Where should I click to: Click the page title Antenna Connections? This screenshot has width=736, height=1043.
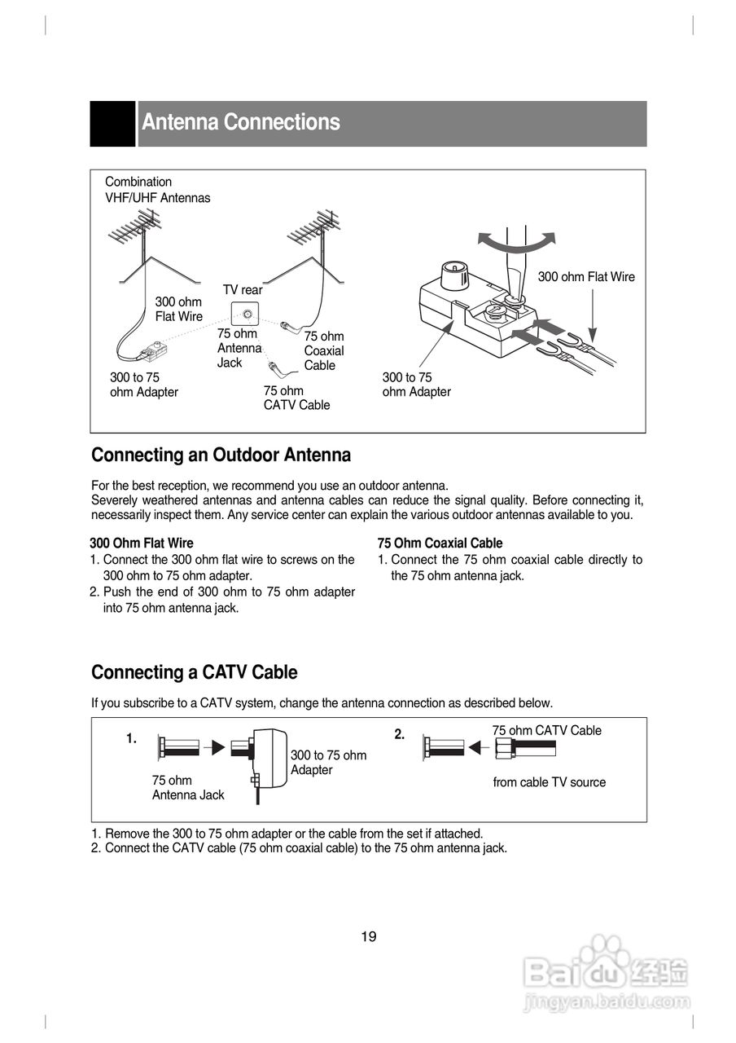241,122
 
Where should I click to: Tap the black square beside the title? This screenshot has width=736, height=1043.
112,124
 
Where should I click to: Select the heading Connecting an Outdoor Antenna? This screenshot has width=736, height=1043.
221,455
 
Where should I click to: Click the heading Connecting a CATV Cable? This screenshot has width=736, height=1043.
194,672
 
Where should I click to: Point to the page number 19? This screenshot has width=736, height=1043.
369,937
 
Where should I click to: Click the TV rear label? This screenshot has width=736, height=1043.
243,290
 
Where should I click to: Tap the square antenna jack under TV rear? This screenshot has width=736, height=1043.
246,314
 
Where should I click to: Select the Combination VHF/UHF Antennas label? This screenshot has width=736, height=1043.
157,190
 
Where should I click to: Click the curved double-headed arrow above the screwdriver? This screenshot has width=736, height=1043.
516,240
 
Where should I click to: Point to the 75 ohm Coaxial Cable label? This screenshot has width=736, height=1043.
324,351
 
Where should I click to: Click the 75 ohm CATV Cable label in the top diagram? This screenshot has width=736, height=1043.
296,398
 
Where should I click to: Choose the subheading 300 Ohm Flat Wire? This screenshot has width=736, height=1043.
142,543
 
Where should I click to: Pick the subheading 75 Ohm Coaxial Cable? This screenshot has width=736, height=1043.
440,543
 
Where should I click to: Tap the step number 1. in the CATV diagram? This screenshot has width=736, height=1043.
131,738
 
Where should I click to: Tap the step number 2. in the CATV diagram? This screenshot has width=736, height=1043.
400,734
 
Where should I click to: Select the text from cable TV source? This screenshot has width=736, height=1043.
549,782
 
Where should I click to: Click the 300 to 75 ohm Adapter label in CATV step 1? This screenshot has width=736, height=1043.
328,763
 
